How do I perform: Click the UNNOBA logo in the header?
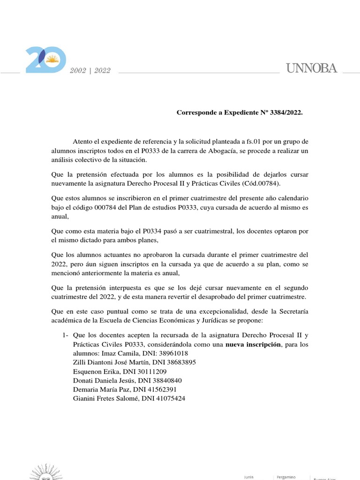(311, 68)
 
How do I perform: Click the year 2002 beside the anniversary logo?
(78, 70)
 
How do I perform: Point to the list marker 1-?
(66, 335)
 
